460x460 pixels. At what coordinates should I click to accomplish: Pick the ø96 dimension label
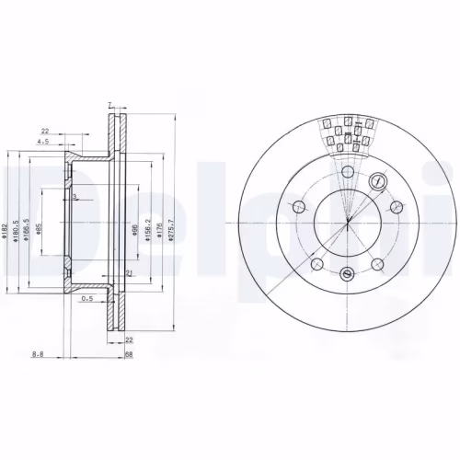(x=134, y=230)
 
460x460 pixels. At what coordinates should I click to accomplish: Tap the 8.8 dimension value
(x=36, y=353)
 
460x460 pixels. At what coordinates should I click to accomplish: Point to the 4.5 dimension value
(x=42, y=143)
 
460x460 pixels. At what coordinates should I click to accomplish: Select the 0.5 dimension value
(x=87, y=298)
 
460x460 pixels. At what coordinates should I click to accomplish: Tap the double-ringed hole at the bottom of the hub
(x=346, y=272)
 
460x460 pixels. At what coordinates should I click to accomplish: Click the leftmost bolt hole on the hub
(x=298, y=206)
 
